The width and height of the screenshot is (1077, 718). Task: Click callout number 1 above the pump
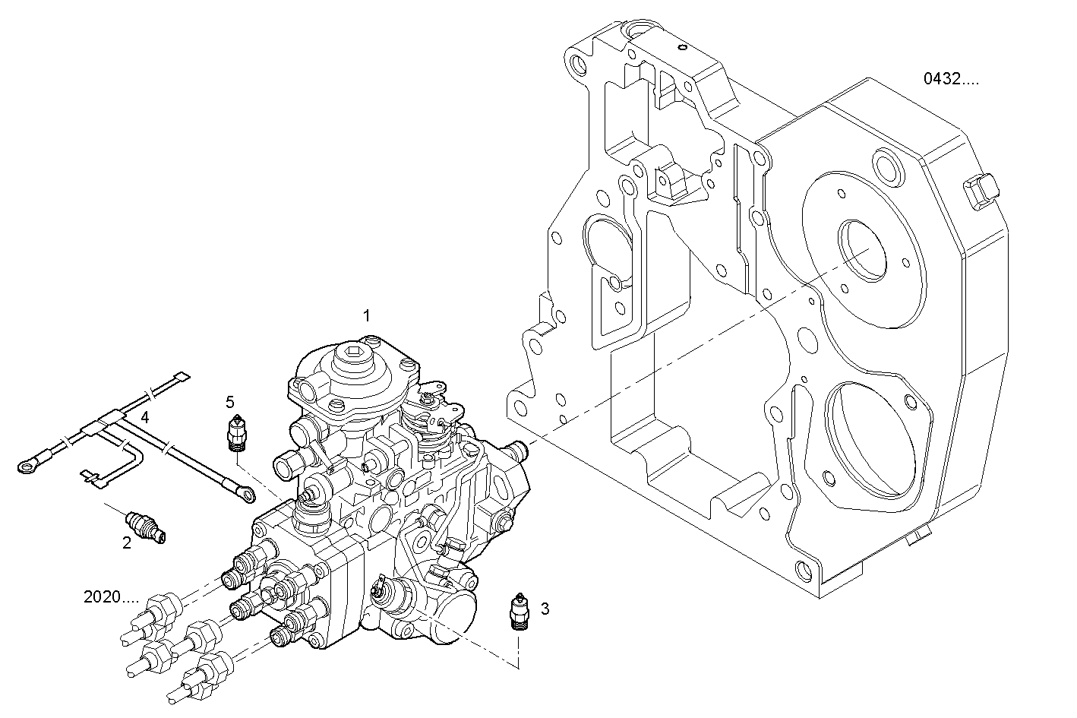coord(367,315)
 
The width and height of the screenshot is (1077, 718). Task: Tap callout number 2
coord(127,542)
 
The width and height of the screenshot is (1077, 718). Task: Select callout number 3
coord(545,608)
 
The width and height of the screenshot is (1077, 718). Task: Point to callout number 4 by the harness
coord(144,417)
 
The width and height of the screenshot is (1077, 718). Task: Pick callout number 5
coord(230,401)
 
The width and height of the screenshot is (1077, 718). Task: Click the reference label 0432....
coord(951,78)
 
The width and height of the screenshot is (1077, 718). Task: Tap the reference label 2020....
coord(111,597)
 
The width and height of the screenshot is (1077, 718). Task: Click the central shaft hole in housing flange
coord(862,250)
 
